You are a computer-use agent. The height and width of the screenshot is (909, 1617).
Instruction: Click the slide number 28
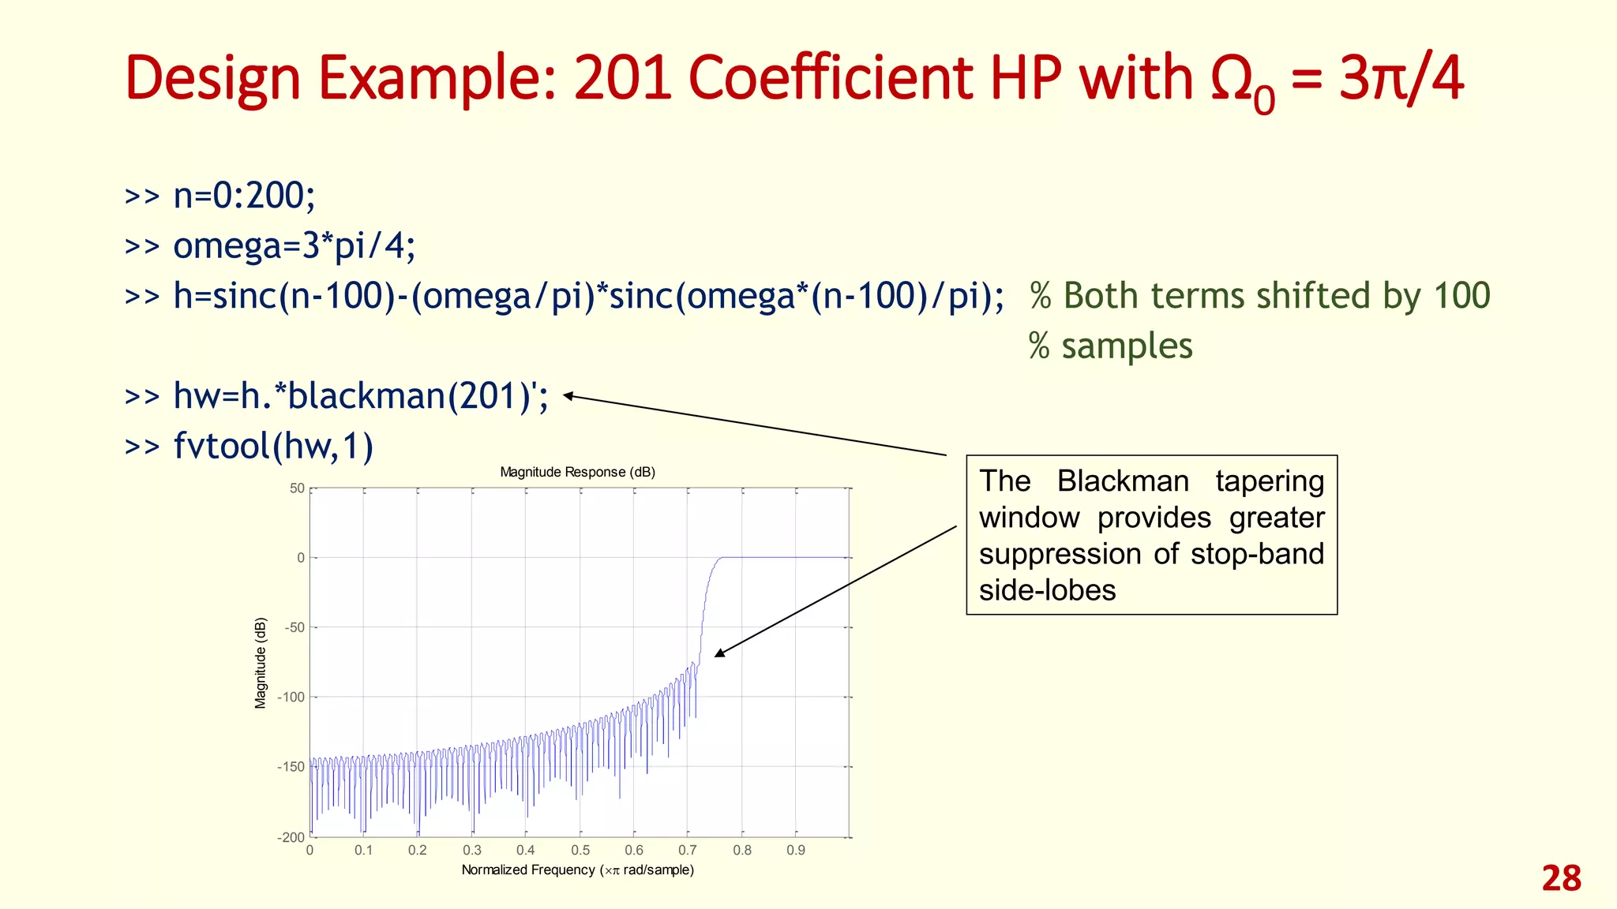[x=1561, y=878]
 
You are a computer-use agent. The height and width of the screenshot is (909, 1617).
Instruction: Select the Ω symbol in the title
[x=1233, y=79]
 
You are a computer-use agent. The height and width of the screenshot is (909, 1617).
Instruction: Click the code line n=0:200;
[x=244, y=196]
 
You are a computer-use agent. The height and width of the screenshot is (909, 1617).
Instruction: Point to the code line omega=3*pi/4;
[x=294, y=245]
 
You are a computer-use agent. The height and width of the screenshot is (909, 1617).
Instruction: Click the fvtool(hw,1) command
[x=273, y=446]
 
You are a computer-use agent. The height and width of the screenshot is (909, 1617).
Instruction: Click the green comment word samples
[x=1127, y=346]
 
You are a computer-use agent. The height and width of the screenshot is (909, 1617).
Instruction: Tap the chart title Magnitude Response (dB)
[x=577, y=472]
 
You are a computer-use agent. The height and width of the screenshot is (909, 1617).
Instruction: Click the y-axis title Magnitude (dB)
[x=261, y=663]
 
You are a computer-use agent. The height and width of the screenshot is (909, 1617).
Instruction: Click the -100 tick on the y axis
[x=291, y=697]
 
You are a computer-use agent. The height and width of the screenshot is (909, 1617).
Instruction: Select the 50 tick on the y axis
[x=297, y=488]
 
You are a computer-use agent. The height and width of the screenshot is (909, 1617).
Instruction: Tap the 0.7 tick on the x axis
[x=687, y=851]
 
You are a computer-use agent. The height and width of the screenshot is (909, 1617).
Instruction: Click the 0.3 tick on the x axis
[x=471, y=851]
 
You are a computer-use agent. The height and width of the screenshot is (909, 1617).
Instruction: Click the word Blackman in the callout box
[x=1122, y=481]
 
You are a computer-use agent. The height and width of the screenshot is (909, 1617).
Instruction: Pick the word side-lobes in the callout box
[x=1047, y=590]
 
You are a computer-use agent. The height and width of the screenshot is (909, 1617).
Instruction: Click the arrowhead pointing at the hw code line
[x=567, y=396]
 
